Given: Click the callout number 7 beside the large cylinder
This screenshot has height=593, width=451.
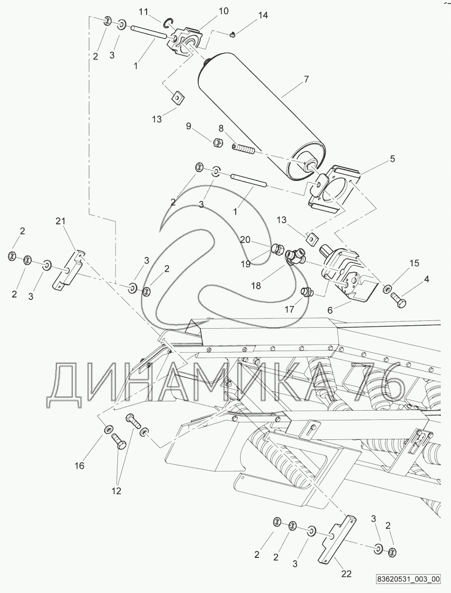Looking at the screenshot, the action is click(306, 79).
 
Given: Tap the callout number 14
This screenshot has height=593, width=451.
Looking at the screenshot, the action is click(263, 16).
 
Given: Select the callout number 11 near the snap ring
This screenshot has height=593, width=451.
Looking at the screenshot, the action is click(144, 12).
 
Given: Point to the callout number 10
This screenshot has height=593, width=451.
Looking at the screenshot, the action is click(224, 11).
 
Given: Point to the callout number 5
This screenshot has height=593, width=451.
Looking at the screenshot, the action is click(393, 158).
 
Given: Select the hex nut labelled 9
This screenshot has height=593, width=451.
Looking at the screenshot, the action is click(218, 142).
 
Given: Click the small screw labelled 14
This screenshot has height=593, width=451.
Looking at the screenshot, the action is click(232, 34).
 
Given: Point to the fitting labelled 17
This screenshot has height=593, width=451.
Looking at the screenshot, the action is click(307, 292).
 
